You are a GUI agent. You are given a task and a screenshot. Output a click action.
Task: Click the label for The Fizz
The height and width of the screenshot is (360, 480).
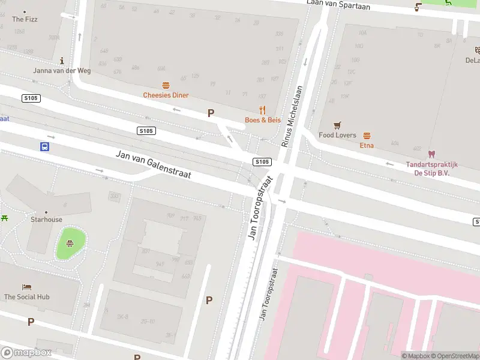coord(25,19)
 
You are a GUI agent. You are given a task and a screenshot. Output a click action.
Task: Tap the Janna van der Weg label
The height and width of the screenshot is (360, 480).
coord(62,71)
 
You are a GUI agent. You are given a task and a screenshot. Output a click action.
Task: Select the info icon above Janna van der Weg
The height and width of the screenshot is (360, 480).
coord(62,61)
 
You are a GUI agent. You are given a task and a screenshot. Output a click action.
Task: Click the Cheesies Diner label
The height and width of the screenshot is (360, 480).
coord(166,95)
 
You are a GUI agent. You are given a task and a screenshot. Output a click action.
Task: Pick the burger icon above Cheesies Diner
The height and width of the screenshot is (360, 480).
coord(166,85)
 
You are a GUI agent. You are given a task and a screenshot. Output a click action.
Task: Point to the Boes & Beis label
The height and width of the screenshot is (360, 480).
coord(262,120)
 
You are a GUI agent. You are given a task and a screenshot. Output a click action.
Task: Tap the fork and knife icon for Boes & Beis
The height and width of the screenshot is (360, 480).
coord(262,110)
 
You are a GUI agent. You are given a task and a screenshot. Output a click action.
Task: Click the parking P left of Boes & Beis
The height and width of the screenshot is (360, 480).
coord(211,113)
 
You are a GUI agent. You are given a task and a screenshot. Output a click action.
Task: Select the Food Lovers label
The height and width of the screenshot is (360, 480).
coord(337,135)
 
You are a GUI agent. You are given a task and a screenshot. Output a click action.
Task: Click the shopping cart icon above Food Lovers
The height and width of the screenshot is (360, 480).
coord(337,125)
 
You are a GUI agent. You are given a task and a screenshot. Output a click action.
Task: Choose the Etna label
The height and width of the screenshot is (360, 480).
coord(367,145)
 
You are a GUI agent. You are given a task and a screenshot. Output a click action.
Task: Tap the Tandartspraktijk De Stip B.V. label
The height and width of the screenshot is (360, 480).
coord(431,169)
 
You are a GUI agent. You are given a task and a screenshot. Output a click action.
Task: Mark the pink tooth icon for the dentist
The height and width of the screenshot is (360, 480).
coord(431,154)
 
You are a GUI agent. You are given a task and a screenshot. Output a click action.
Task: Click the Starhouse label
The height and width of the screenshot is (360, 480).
coord(46,220)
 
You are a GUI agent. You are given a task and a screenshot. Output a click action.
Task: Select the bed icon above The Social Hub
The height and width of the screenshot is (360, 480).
coord(26,287)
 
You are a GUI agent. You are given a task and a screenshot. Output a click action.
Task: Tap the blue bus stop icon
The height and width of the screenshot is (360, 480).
coord(44,146)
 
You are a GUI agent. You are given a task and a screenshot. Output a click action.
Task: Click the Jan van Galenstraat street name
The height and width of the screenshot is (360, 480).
coord(153,165)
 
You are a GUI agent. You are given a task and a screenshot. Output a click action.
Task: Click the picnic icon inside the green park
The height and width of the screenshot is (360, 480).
coord(70,244)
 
